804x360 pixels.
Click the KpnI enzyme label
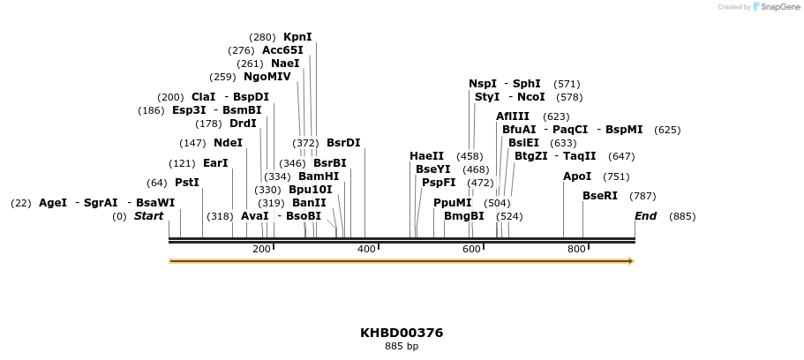click(x=297, y=37)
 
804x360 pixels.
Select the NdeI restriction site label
click(x=228, y=143)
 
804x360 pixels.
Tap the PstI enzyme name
click(x=186, y=183)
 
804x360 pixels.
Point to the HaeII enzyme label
click(x=426, y=156)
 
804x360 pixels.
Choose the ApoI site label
click(x=577, y=176)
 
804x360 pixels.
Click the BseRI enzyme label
click(x=600, y=196)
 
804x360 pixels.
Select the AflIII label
click(x=513, y=116)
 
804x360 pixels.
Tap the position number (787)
click(x=642, y=196)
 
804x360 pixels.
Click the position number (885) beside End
click(x=682, y=216)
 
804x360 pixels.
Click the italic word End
click(x=646, y=216)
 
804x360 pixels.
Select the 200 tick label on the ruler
click(x=261, y=250)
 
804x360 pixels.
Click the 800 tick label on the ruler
click(x=576, y=250)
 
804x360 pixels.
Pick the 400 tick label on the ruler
click(x=366, y=250)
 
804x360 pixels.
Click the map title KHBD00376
click(x=402, y=333)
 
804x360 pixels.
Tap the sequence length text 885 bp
click(x=402, y=347)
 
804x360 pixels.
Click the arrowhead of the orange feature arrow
click(x=630, y=261)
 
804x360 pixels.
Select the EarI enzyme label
click(x=215, y=163)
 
